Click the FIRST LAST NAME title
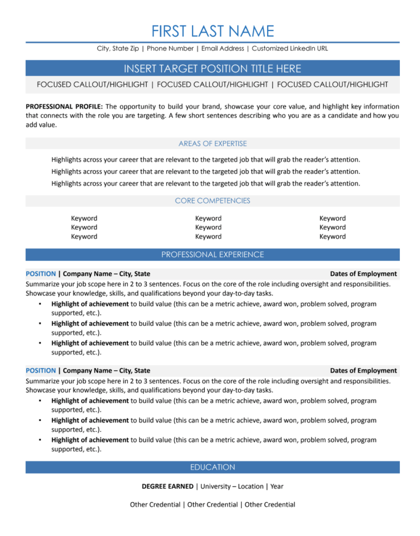(212, 30)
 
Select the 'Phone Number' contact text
(171, 48)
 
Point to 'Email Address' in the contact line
(223, 48)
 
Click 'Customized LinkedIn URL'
(290, 48)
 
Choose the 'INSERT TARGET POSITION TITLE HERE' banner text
(212, 68)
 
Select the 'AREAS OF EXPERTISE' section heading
(212, 144)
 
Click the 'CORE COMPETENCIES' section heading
(212, 201)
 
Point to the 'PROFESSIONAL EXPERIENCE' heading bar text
(212, 254)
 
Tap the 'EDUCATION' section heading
(212, 467)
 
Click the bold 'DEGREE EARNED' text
(167, 486)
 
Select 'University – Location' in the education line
(232, 486)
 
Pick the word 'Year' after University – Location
(277, 486)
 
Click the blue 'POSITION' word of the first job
(40, 273)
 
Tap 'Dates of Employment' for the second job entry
(363, 370)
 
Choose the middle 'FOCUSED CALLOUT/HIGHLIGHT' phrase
(212, 84)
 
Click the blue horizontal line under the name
(212, 42)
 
